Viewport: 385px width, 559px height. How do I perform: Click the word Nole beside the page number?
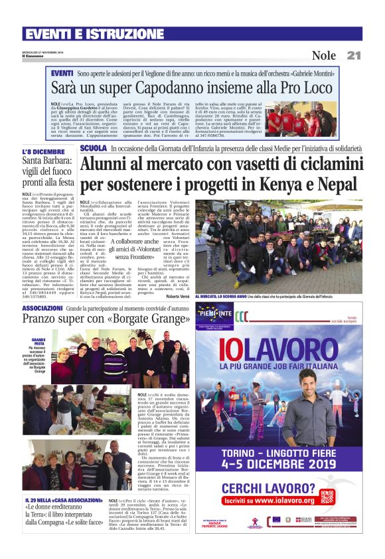324,55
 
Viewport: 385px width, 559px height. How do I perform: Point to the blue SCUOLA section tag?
94,148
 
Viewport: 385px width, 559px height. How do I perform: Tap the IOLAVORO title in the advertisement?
279,350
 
